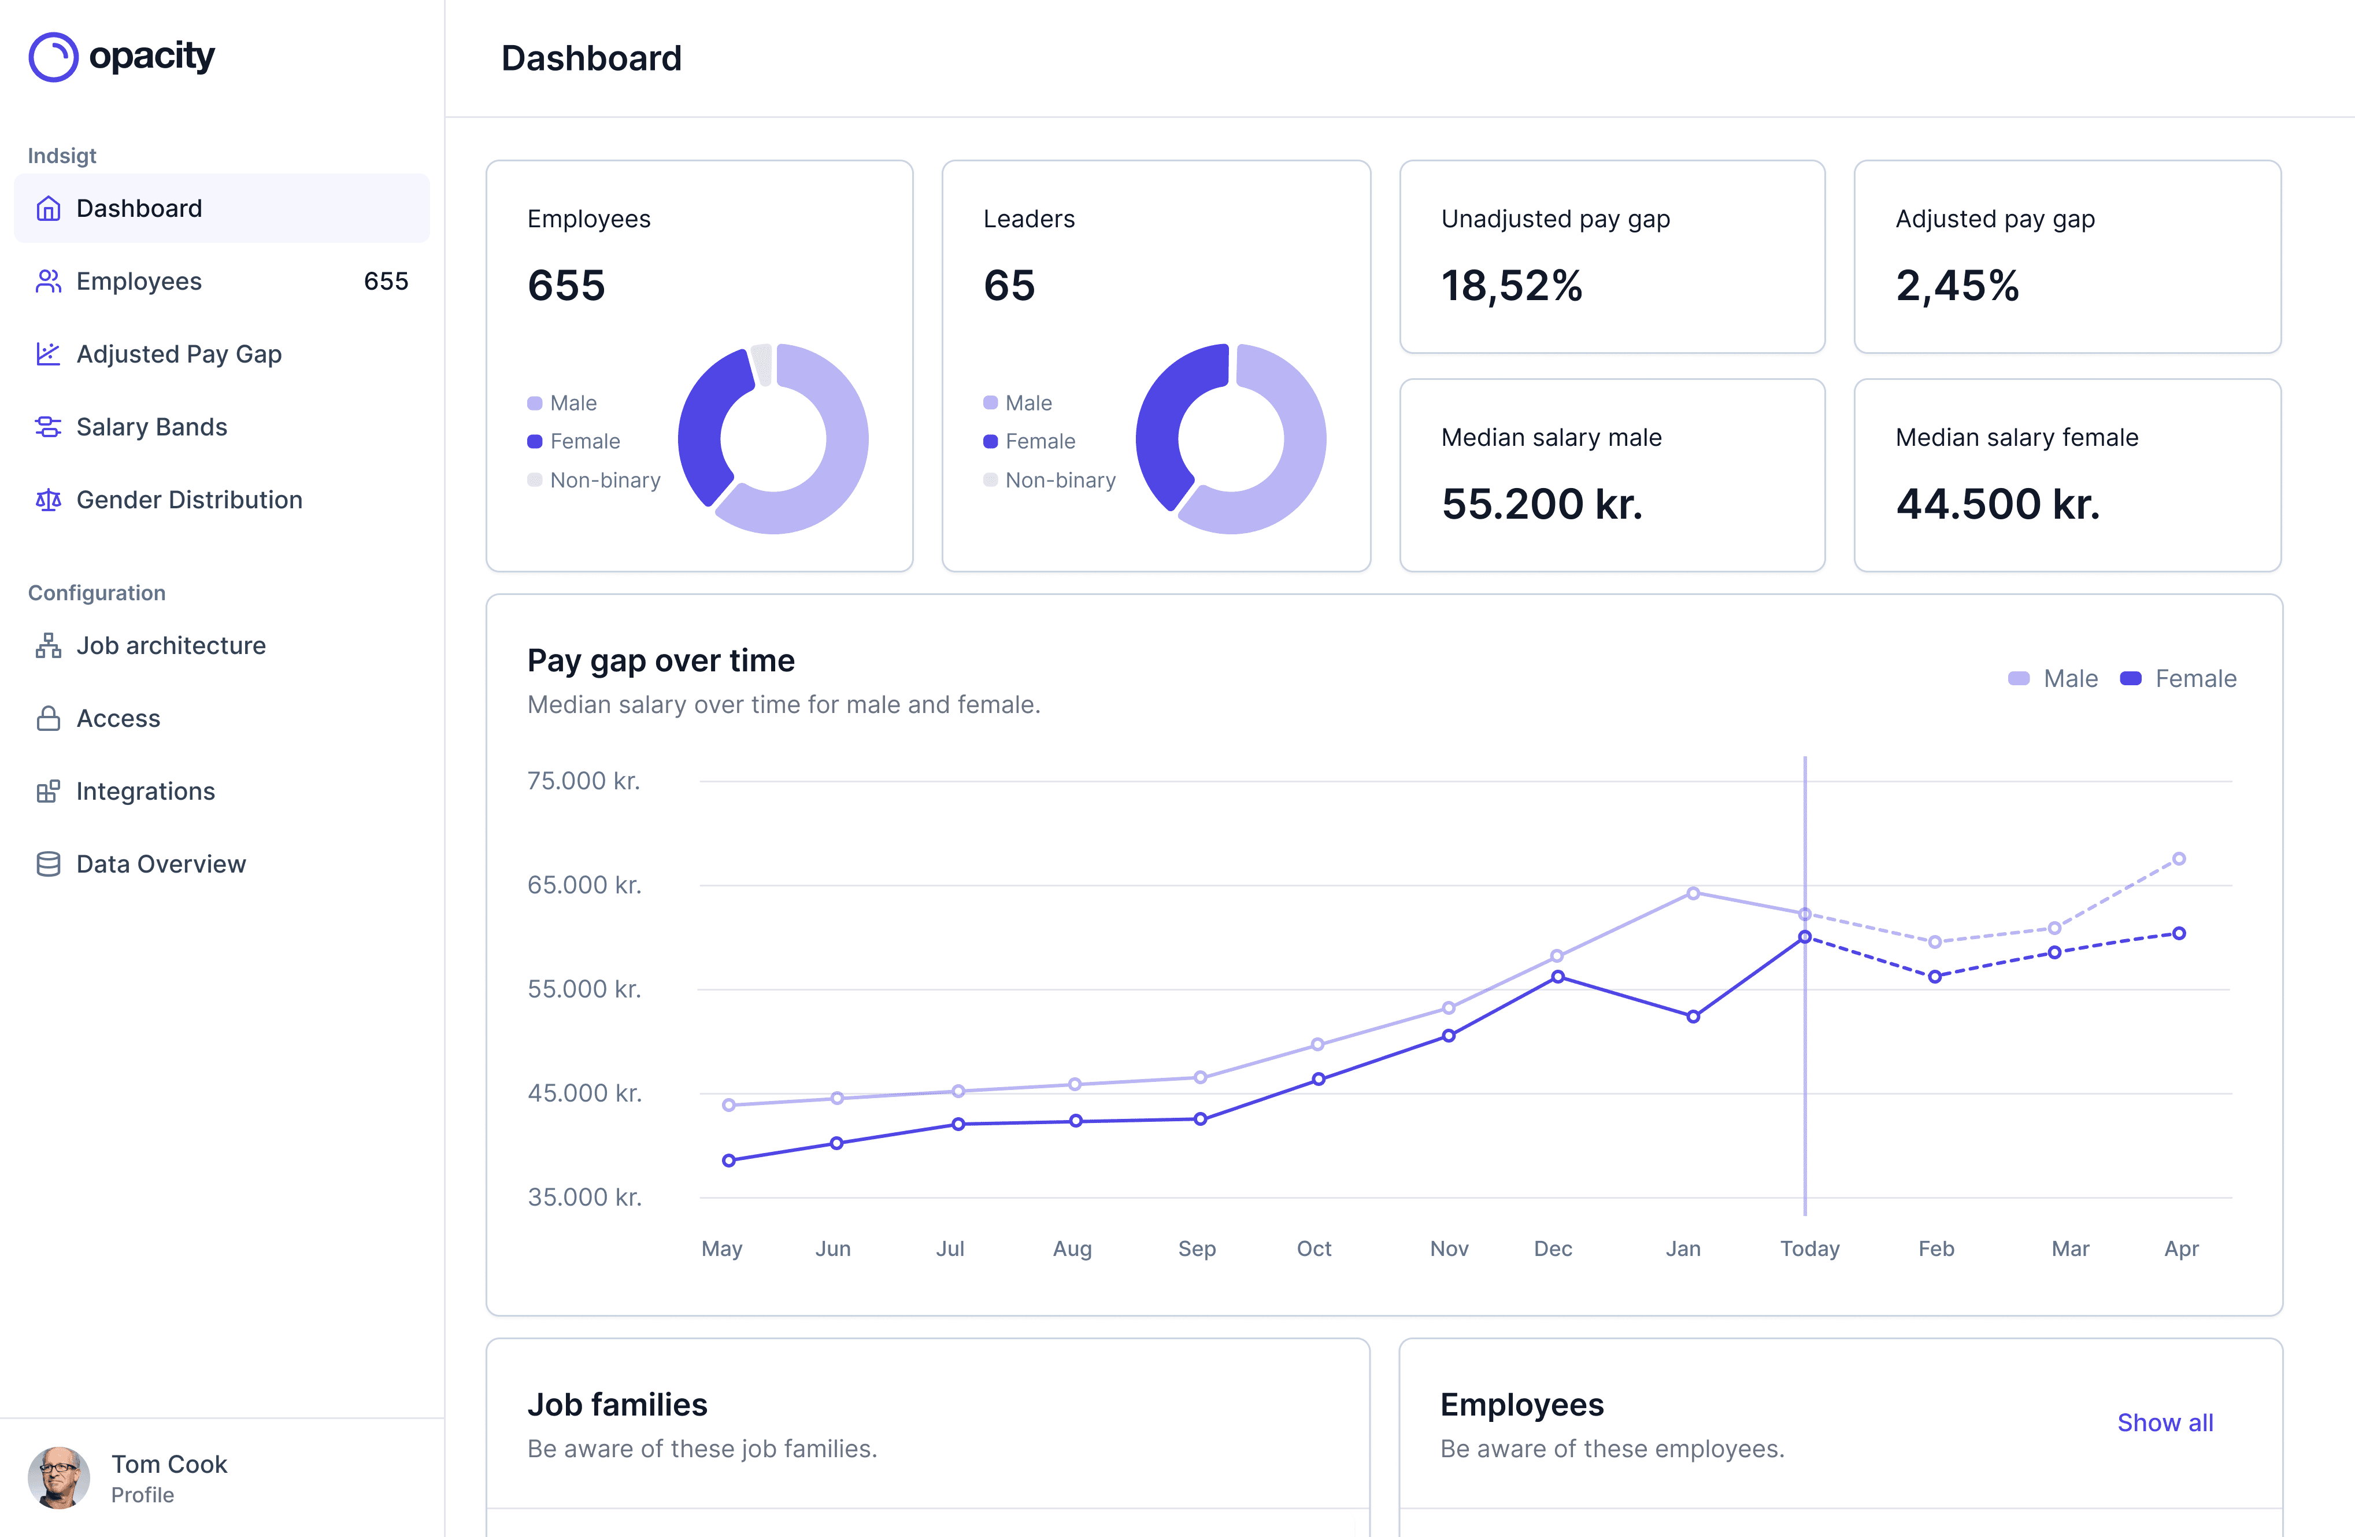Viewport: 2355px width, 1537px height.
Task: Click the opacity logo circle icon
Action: click(x=53, y=57)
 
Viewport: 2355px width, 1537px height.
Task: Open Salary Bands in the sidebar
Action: click(x=151, y=427)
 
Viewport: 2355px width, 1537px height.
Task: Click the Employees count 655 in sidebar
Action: click(x=386, y=281)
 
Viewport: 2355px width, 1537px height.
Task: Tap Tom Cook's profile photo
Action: click(x=58, y=1477)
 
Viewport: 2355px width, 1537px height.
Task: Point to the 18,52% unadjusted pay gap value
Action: click(x=1511, y=286)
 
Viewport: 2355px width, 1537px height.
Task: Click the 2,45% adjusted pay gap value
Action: click(x=1956, y=286)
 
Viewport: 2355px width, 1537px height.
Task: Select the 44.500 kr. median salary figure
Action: click(x=1997, y=504)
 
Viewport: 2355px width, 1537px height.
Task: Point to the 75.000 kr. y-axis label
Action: click(x=584, y=781)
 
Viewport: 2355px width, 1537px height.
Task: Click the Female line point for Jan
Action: click(x=1693, y=1017)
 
